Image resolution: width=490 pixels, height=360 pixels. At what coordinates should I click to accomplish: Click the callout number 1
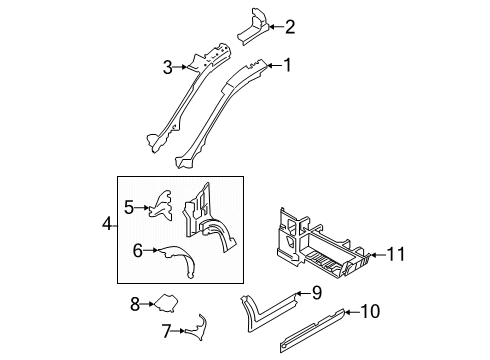tap(287, 65)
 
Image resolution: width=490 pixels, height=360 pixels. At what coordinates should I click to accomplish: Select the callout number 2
tap(290, 27)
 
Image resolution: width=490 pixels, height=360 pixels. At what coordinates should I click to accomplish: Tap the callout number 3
tap(168, 67)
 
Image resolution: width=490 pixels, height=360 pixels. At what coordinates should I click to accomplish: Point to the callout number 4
tap(107, 224)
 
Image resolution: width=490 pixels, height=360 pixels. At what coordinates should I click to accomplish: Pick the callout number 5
tap(129, 207)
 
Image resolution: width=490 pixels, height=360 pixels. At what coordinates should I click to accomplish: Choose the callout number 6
tap(138, 250)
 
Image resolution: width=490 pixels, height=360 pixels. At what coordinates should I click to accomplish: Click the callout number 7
tap(166, 331)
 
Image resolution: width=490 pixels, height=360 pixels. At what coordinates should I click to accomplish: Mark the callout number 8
tap(135, 304)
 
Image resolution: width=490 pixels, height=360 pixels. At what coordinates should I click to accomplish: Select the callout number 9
tap(317, 293)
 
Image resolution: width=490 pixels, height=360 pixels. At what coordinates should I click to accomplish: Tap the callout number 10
tap(370, 311)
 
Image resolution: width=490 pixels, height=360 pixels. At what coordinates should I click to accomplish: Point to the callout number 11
tap(396, 254)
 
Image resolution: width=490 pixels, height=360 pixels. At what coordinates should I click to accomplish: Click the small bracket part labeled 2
tap(253, 27)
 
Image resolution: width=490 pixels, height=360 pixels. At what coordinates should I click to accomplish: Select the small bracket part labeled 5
tap(161, 206)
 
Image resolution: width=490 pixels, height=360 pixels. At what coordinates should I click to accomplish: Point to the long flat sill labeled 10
tap(312, 329)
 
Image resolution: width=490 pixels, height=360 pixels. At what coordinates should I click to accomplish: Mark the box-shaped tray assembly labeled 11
tap(320, 247)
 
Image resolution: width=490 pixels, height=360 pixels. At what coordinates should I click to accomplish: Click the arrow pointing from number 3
tap(180, 67)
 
